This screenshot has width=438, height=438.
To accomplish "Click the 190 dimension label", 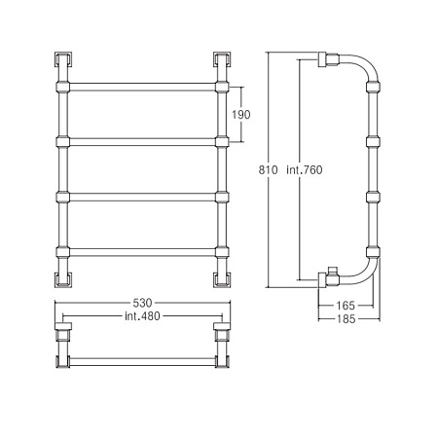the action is (x=240, y=115).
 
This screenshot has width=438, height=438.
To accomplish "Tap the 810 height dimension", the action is (x=268, y=169).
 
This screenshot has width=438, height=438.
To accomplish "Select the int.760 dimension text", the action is (x=305, y=169).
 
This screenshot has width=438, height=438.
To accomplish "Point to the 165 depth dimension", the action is (x=346, y=306).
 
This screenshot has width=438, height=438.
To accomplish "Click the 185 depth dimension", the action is (x=346, y=319).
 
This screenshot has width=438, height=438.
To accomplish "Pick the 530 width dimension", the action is (x=142, y=303).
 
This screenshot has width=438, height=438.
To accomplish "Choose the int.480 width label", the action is (x=142, y=316).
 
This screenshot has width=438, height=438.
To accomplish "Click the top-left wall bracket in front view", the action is (x=63, y=59).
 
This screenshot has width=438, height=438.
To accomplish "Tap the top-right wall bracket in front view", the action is (x=222, y=59).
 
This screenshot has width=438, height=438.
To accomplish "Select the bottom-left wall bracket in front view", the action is (x=63, y=279).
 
